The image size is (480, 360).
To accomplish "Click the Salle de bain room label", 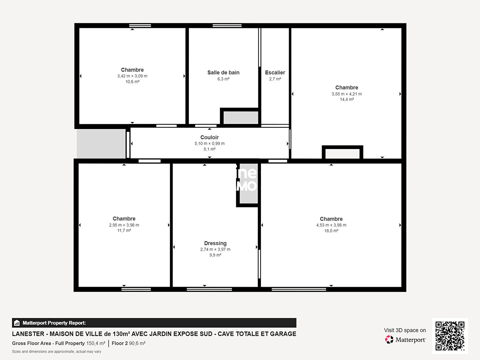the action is point(223,73).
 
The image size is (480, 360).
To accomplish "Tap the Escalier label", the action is point(275,73).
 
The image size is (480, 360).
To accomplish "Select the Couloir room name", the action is point(209,137).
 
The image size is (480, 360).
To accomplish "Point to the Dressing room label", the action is point(215,243).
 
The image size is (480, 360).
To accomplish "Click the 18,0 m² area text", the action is point(331,231).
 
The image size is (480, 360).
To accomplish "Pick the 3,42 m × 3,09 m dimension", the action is point(132,76).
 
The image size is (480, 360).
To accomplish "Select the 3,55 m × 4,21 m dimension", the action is point(347,94).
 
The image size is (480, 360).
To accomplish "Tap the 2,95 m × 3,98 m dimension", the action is point(124,225).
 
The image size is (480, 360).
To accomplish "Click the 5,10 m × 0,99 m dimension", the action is point(209,143).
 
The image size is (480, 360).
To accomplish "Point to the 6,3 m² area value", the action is point(223,79).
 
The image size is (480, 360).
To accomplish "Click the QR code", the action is point(450,336).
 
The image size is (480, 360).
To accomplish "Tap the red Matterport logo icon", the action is point(389,339).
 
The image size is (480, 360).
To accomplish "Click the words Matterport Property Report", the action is point(54,323).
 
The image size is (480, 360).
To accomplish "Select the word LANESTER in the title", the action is point(28,334).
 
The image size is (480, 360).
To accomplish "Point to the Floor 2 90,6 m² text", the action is point(129,343).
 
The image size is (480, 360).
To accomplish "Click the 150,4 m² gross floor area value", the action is point(96,343).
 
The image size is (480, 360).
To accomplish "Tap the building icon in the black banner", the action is point(17,323).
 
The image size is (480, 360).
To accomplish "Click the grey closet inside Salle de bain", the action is point(241,118).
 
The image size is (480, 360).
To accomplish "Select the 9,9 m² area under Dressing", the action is point(215,255).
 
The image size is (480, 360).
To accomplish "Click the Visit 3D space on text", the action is point(405,330).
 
